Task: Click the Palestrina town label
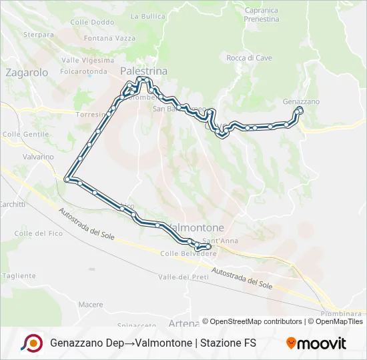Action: point(143,71)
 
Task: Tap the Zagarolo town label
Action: point(27,73)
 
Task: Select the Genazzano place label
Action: point(302,101)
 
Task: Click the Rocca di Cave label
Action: point(249,58)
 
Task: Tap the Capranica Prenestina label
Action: point(262,15)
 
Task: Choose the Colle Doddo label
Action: point(92,22)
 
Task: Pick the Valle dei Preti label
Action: point(179,277)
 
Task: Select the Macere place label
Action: point(90,304)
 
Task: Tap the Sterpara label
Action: point(38,34)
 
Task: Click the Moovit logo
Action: point(316,343)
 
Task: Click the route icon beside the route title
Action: point(31,343)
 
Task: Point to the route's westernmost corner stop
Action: point(67,179)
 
